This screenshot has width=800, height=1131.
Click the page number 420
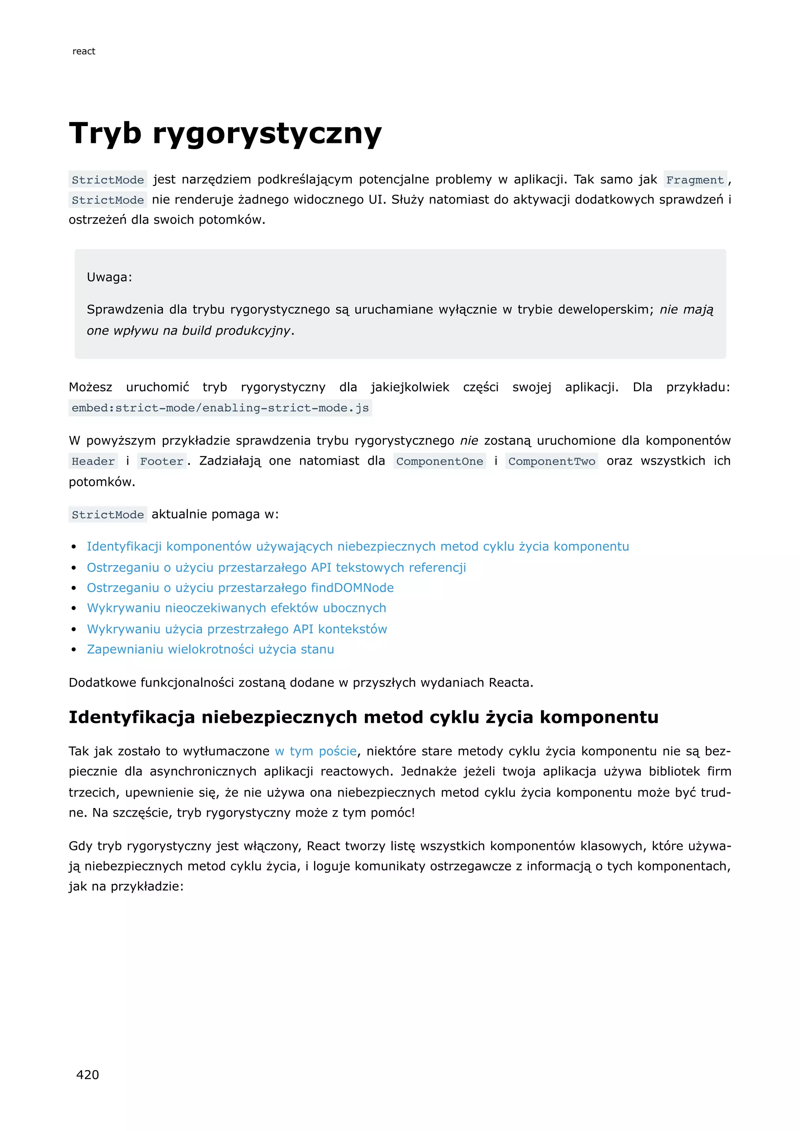point(87,1074)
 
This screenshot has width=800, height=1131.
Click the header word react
point(84,51)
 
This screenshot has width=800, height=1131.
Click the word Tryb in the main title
point(105,133)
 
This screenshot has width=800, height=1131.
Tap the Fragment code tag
point(695,180)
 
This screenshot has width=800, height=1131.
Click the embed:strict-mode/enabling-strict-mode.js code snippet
point(220,408)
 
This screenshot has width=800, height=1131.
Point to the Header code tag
point(93,461)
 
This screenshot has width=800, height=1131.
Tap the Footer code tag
point(162,461)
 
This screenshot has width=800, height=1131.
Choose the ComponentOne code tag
point(439,461)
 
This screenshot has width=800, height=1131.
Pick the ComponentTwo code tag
point(552,461)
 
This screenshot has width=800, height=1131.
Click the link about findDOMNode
point(240,588)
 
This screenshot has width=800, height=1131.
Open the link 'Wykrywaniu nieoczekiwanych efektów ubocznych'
point(236,608)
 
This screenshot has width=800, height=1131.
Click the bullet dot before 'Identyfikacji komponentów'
point(74,547)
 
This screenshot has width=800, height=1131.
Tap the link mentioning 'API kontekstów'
point(237,629)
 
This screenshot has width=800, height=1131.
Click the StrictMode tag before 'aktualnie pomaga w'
point(107,515)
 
